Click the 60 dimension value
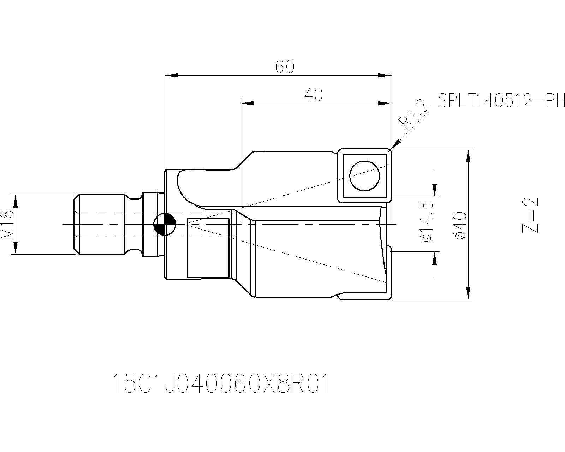coord(285,67)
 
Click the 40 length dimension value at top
coord(314,95)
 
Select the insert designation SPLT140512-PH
coord(501,101)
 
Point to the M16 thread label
coord(7,224)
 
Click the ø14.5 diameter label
coord(426,222)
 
